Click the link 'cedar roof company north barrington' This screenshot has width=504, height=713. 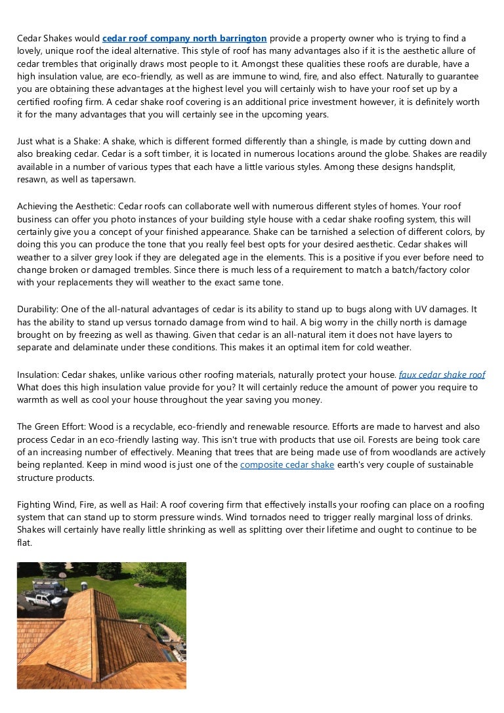[184, 39]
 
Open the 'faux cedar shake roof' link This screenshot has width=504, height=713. [442, 375]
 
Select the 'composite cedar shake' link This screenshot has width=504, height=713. [287, 465]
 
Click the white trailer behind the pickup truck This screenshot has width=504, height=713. [49, 585]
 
